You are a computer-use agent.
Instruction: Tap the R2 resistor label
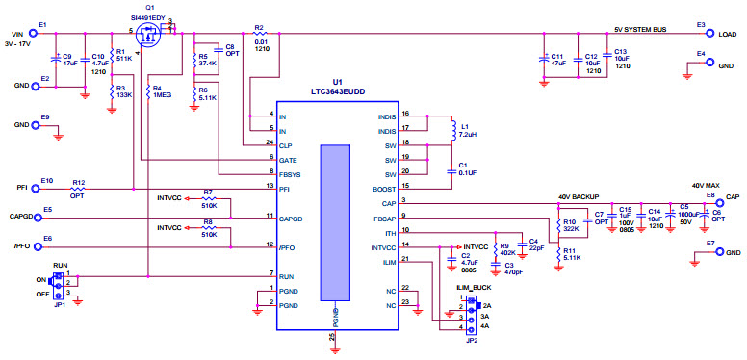click(x=259, y=28)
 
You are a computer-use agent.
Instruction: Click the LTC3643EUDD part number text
click(x=336, y=90)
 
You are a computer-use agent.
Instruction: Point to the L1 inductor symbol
click(x=451, y=128)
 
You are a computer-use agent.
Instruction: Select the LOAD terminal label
click(x=728, y=33)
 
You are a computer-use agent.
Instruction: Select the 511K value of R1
click(x=124, y=59)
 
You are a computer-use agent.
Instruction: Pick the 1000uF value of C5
click(x=685, y=214)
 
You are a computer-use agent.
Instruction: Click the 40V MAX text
click(x=705, y=185)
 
